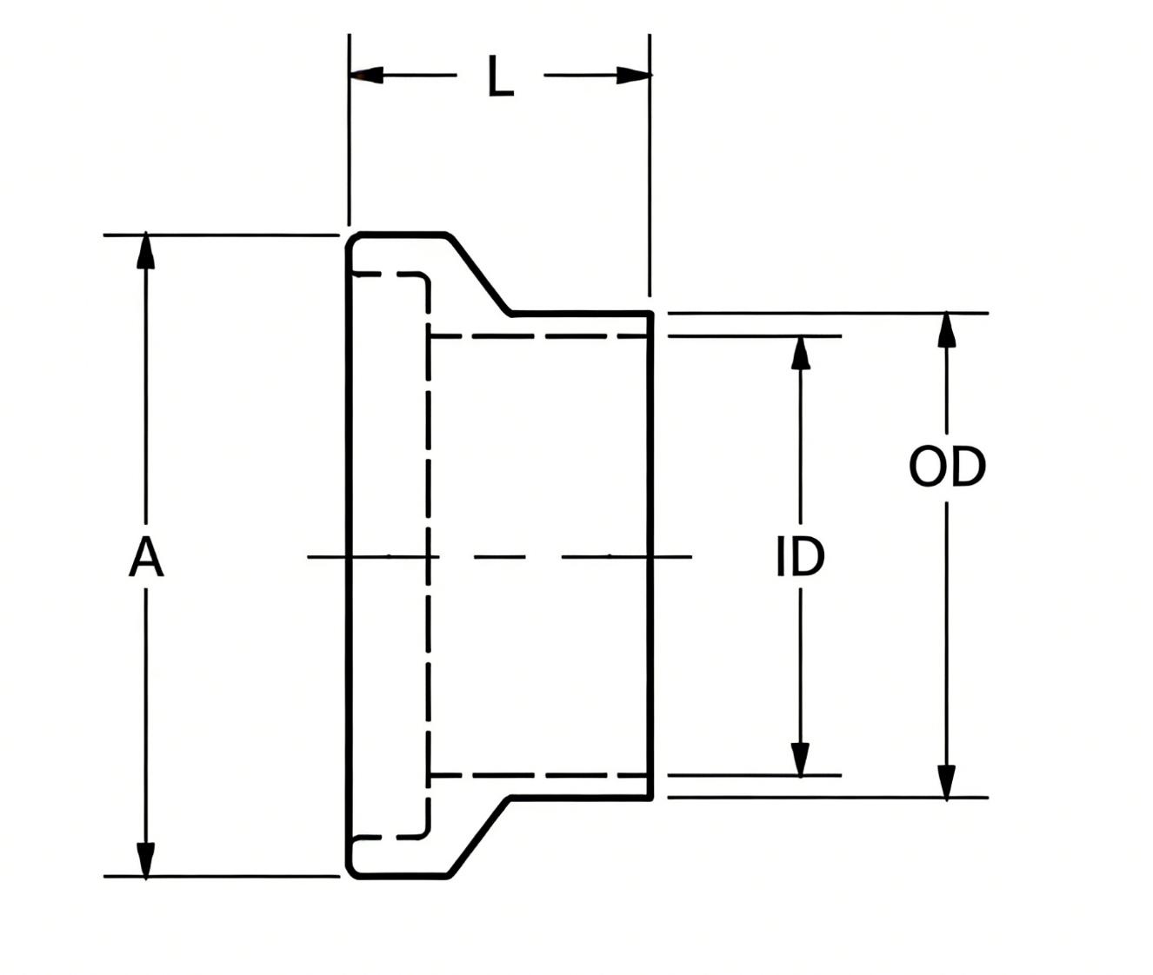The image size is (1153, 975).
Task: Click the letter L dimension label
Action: click(x=500, y=76)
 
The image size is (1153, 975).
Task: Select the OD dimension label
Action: click(x=947, y=466)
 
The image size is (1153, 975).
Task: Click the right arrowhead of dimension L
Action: click(x=634, y=75)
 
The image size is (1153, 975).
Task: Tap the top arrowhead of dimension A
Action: click(x=145, y=251)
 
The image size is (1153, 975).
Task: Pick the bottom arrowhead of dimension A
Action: click(x=145, y=860)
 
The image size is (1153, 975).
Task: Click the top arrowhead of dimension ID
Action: click(x=801, y=352)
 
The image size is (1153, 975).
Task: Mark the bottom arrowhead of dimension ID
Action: click(x=801, y=759)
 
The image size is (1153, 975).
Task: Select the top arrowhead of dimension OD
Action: click(x=947, y=330)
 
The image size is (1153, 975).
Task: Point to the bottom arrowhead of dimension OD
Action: click(x=947, y=782)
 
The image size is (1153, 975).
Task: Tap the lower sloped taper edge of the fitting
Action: click(x=478, y=838)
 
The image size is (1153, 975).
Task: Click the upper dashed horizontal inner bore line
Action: click(x=539, y=336)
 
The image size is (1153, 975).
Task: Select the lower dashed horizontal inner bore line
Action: click(x=539, y=775)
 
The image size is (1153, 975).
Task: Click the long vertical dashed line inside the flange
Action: click(x=428, y=556)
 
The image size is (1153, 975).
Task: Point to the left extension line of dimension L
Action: click(x=350, y=129)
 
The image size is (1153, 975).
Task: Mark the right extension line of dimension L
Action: click(x=650, y=165)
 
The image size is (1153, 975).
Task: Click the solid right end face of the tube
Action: click(x=650, y=556)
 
